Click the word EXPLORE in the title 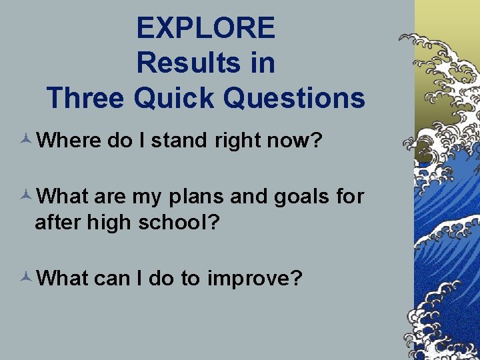click(205, 28)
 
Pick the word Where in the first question click(68, 141)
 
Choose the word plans click(191, 197)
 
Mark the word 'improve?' click(255, 278)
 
